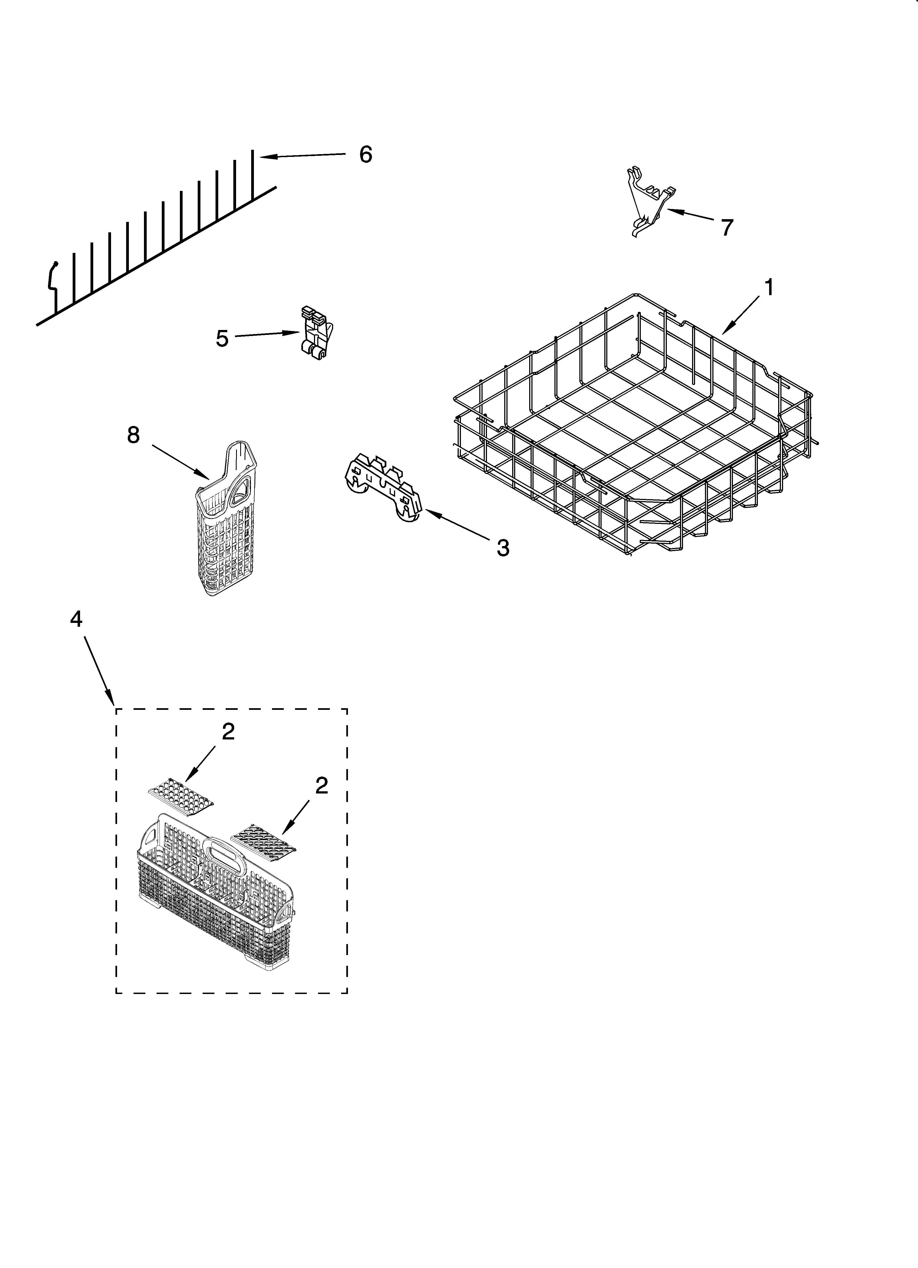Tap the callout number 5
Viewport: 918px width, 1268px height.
tap(222, 338)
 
